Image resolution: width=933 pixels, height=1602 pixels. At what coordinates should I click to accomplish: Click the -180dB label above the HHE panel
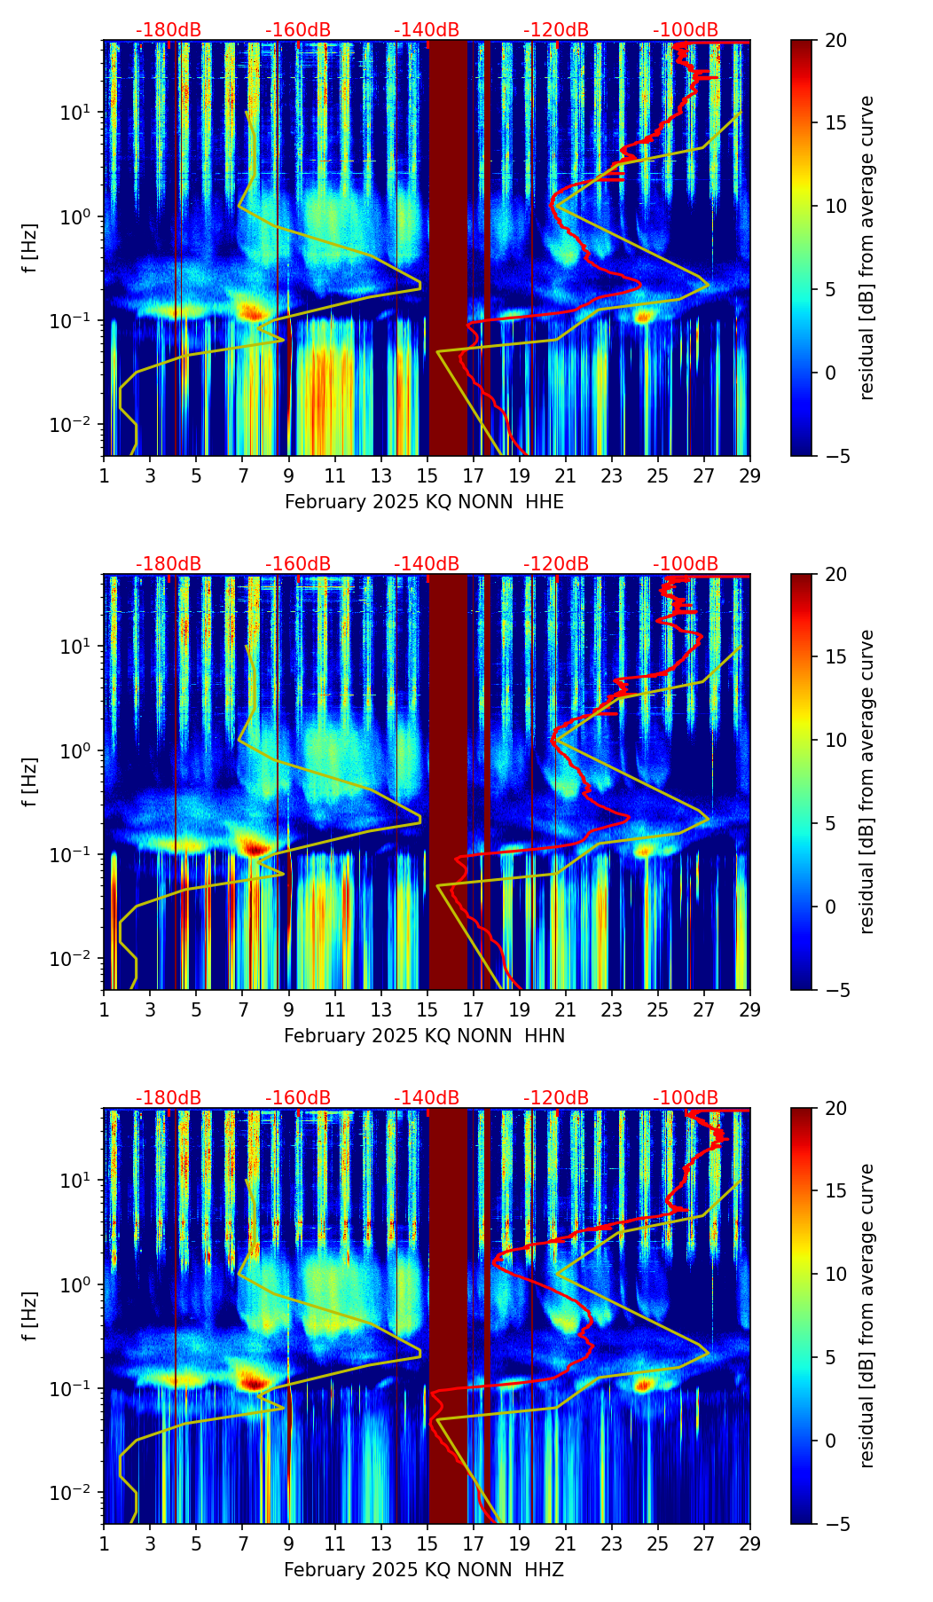click(169, 31)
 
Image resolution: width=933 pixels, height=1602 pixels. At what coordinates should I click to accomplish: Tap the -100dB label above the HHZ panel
click(686, 1099)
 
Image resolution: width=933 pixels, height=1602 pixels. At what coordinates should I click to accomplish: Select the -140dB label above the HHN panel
click(427, 565)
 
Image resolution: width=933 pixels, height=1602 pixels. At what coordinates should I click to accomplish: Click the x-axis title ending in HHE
click(424, 502)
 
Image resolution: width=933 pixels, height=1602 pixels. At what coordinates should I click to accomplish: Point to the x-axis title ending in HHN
click(424, 1036)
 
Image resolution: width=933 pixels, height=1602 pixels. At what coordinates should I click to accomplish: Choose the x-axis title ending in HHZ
click(424, 1570)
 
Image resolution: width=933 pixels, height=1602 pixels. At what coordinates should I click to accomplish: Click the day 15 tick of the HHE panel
click(427, 475)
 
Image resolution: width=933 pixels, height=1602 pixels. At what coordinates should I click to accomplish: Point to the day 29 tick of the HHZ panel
click(749, 1543)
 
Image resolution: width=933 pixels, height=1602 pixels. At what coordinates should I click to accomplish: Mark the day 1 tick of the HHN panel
click(105, 1009)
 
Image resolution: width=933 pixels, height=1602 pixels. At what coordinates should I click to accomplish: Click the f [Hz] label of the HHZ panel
click(30, 1315)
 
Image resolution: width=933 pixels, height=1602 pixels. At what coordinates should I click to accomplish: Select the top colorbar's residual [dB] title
click(867, 247)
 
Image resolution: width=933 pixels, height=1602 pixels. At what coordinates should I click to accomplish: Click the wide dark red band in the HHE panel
click(448, 248)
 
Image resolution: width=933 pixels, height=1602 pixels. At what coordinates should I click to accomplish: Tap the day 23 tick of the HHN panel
click(611, 1009)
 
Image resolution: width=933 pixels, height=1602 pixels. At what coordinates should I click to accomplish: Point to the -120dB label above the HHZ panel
click(556, 1099)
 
